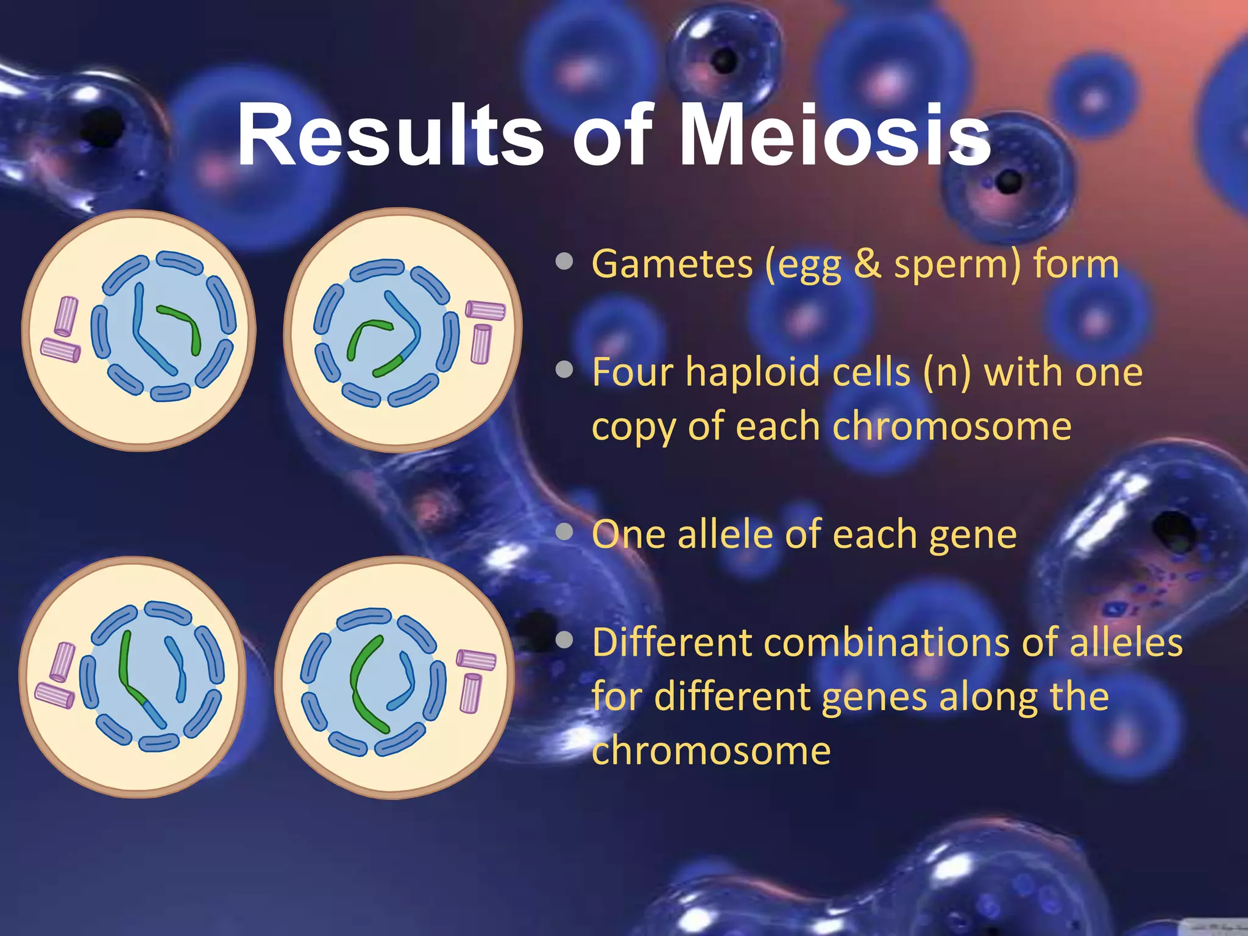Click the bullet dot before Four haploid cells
click(565, 369)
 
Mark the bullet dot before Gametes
click(565, 261)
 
